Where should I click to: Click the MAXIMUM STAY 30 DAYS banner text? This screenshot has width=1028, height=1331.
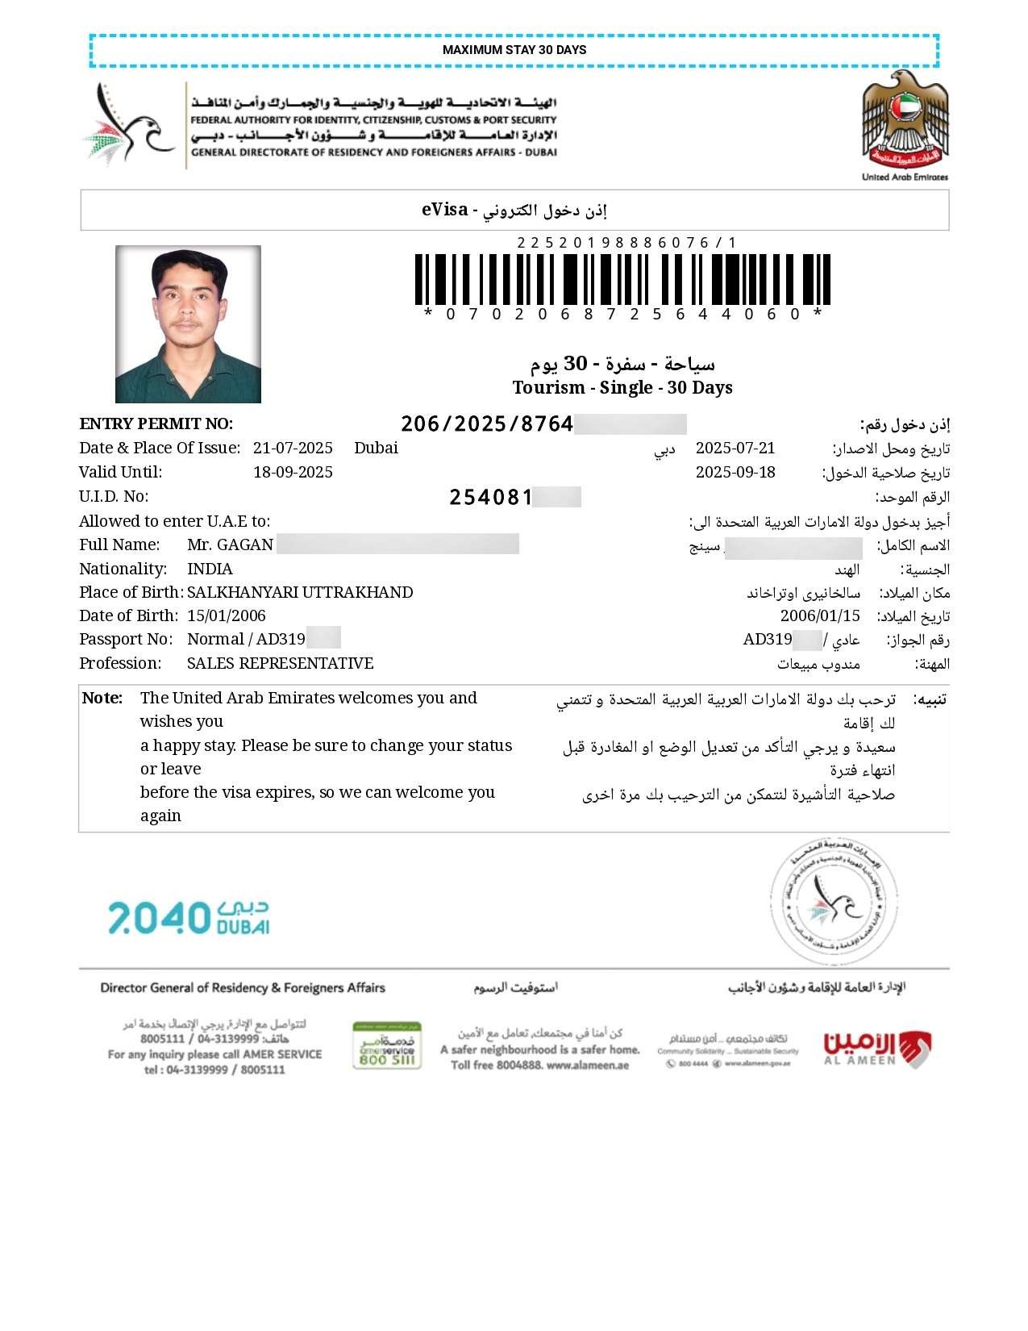514,50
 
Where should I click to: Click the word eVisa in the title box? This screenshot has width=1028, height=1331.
444,210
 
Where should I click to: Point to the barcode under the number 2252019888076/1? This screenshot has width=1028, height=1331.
622,279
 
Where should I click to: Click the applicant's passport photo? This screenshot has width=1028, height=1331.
188,324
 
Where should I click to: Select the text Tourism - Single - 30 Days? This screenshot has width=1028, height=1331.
622,388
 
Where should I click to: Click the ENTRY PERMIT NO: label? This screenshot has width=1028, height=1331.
156,424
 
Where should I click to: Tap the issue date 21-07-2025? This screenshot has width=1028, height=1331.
293,449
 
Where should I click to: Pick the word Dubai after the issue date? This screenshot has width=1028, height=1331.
376,449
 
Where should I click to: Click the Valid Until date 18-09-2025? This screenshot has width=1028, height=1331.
293,472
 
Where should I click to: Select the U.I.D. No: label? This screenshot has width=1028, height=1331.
114,497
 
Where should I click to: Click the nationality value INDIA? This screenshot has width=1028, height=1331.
210,569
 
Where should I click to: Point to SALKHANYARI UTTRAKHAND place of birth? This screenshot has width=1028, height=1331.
300,593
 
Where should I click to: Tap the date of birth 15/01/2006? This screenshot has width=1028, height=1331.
227,616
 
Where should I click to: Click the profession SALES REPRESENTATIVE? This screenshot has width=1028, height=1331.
280,663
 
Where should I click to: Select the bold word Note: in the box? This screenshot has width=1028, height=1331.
102,699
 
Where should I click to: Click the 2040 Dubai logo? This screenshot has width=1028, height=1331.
189,918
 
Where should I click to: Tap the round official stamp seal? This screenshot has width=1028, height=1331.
834,901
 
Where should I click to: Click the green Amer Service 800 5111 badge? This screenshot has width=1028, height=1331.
387,1046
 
